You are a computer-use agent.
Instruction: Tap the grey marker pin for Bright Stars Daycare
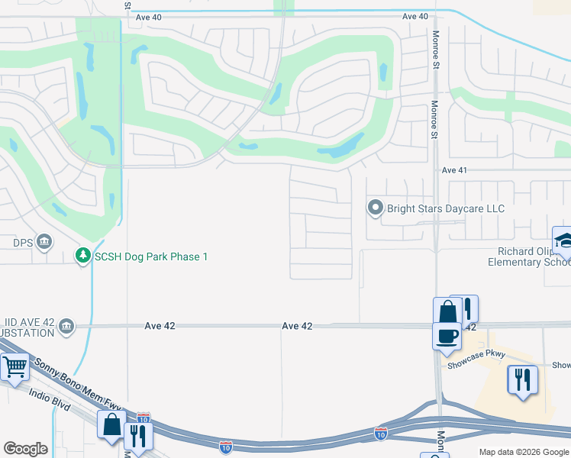(x=375, y=208)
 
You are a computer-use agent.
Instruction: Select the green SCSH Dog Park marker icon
(x=82, y=256)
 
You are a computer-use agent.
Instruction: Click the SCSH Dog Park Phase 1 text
(x=150, y=256)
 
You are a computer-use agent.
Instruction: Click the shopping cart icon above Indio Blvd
(x=15, y=367)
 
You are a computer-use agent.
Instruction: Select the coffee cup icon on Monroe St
(x=447, y=334)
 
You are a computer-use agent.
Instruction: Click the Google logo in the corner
(x=25, y=449)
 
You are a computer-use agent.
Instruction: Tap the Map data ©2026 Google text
(x=524, y=452)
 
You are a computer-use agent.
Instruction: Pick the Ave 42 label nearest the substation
(x=160, y=326)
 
